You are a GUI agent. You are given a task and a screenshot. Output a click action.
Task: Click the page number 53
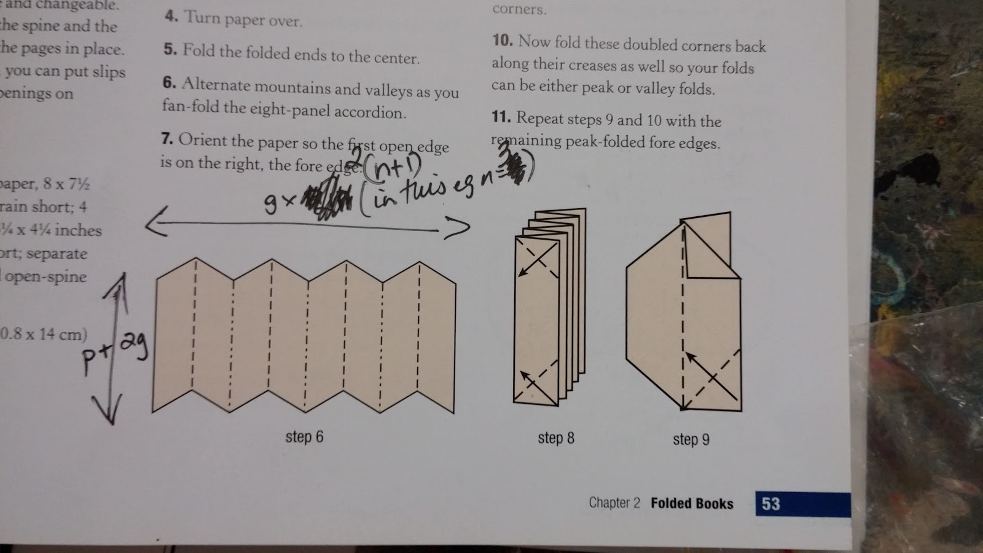point(770,504)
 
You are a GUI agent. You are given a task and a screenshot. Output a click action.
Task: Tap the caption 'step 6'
point(304,437)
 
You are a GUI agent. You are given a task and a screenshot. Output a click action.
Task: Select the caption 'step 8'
point(556,438)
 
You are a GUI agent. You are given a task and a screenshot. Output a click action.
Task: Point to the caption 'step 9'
point(691,439)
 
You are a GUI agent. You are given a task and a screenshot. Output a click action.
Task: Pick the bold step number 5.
point(170,49)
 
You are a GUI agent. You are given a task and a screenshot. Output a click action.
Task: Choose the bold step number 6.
point(170,82)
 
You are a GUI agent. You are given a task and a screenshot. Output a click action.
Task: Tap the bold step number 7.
point(167,138)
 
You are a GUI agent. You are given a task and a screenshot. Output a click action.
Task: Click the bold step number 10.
point(502,41)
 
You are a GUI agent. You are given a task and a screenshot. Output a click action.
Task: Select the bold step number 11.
point(501,117)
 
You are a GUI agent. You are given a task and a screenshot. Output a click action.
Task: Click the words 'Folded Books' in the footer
point(692,504)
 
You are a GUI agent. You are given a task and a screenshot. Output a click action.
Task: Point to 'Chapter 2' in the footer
point(614,503)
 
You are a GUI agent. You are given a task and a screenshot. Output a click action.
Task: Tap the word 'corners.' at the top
point(519,9)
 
